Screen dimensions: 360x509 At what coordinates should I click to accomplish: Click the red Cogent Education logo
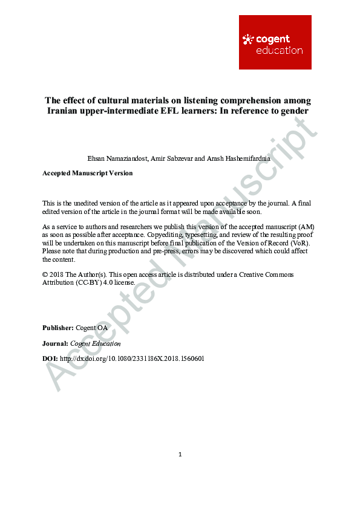tap(275, 42)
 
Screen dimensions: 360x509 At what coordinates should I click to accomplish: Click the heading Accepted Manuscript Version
tap(87, 173)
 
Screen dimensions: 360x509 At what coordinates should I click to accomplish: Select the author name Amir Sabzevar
tap(171, 158)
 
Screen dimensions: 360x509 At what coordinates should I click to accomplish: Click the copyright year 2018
tap(57, 274)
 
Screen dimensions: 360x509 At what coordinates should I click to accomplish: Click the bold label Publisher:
tap(58, 328)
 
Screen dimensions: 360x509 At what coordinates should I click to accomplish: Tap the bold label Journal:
tap(55, 343)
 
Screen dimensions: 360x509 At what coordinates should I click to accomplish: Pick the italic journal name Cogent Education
tap(96, 343)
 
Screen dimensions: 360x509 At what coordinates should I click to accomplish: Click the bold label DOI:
tap(50, 358)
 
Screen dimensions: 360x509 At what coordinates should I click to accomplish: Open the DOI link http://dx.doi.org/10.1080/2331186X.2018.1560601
tap(132, 358)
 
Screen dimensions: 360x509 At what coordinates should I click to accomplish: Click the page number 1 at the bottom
tap(180, 455)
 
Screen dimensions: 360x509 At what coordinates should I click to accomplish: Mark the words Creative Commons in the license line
tap(267, 274)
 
